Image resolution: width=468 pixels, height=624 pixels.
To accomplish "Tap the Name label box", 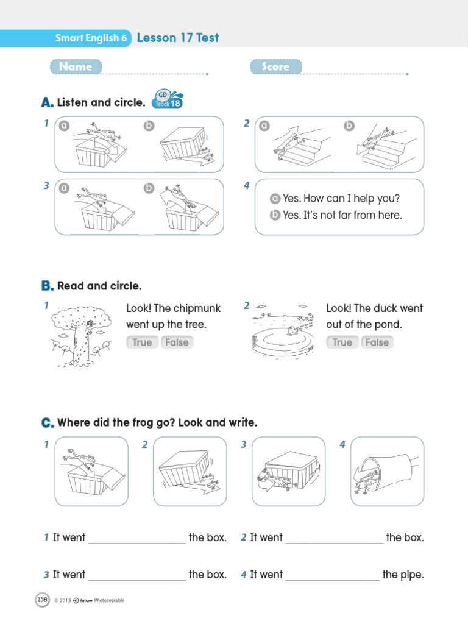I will point(76,67).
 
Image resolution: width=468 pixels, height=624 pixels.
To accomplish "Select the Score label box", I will point(275,67).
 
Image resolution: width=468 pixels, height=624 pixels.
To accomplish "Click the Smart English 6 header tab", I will point(91,38).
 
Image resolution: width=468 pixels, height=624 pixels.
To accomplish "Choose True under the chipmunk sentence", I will point(142,342).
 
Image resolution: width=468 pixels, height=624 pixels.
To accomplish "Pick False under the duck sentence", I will point(377,342).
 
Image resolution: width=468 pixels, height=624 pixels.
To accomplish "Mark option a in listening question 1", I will point(63,126).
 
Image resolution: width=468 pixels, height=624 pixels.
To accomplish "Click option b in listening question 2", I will point(349,126).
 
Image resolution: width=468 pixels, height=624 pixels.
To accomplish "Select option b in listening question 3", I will point(149,188).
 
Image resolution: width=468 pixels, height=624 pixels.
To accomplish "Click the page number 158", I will point(43,600).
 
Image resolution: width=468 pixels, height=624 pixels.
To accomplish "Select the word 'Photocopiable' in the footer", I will point(109,601).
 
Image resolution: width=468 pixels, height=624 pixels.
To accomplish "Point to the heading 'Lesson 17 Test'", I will point(177,38).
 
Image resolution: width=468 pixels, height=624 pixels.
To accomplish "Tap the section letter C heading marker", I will point(48,423).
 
